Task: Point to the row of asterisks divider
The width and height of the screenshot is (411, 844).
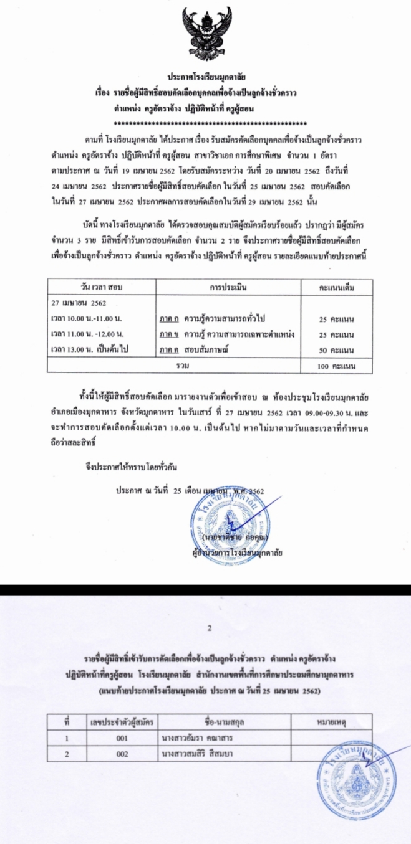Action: (x=205, y=119)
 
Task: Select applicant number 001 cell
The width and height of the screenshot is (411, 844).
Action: (x=122, y=739)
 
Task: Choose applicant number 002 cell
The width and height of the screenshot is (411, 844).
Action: (x=122, y=754)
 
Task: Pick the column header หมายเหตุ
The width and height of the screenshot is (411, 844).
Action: (x=331, y=723)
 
